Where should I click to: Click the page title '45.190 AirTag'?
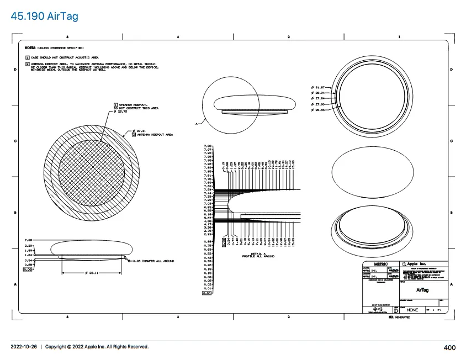(44, 16)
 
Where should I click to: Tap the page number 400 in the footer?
(449, 347)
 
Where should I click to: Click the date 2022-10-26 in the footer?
(24, 347)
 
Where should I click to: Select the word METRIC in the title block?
(381, 264)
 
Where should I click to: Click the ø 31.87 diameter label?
(319, 87)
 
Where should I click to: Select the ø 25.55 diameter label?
(319, 109)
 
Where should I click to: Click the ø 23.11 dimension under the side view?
(91, 273)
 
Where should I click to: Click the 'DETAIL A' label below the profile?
(255, 253)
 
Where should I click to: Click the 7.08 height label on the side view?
(29, 240)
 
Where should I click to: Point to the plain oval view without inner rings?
(372, 172)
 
